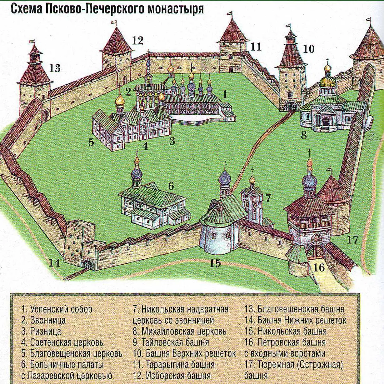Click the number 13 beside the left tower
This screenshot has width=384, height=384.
point(55,68)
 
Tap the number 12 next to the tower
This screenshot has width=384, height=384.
point(137,40)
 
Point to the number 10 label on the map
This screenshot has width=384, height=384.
point(309,49)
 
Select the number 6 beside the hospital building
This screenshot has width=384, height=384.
point(171,186)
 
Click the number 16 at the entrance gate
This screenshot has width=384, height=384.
point(319,267)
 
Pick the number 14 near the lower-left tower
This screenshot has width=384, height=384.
point(54,263)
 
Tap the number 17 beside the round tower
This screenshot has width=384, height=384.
point(353,240)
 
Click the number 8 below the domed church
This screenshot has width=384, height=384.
point(304,135)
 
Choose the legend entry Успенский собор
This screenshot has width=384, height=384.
point(57,309)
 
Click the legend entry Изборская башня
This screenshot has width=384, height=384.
point(172,376)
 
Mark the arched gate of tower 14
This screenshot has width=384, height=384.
point(87,265)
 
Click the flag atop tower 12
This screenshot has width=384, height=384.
point(114,22)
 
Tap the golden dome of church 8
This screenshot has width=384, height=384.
point(327,81)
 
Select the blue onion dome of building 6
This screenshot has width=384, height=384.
point(137,173)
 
